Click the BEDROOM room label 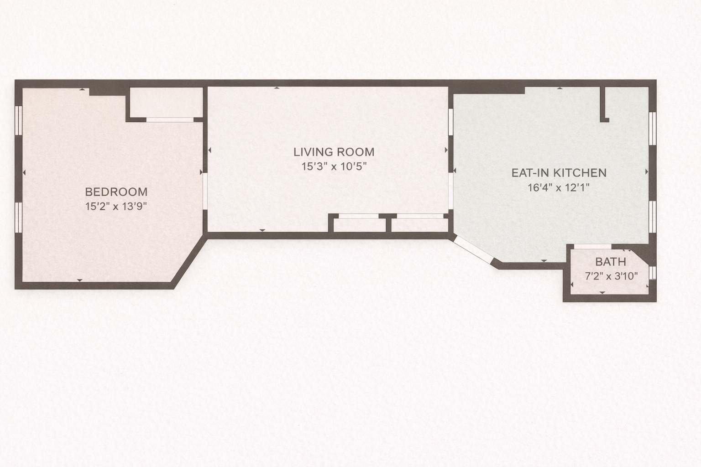point(116,192)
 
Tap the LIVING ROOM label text point(334,152)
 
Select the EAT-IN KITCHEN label point(559,173)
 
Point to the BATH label point(611,262)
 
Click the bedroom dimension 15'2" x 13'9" point(116,207)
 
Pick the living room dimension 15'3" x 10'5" point(334,166)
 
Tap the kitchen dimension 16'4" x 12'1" point(559,188)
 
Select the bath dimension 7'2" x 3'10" point(611,276)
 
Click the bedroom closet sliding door point(170,120)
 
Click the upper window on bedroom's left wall point(19,120)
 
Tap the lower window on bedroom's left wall point(19,218)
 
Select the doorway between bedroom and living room point(205,191)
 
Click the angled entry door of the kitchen point(473,249)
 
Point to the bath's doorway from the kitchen point(592,247)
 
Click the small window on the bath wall point(653,272)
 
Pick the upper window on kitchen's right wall point(652,129)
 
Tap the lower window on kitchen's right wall point(652,217)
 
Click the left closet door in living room point(359,216)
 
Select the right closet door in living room point(420,216)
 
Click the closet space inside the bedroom point(167,102)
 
